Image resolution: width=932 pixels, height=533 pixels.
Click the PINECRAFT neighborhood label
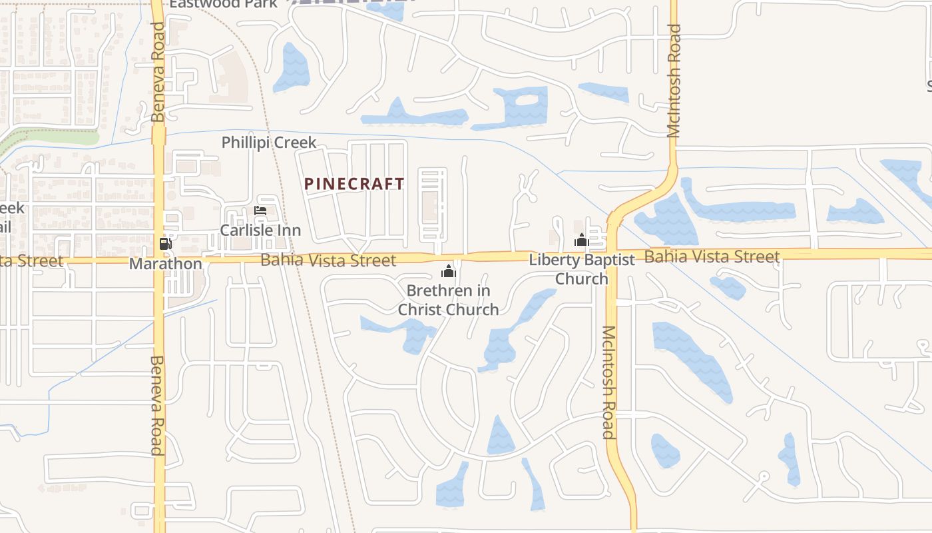pos(354,184)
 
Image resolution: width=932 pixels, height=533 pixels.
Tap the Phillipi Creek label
pos(269,143)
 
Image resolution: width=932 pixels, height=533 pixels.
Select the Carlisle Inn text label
pos(260,231)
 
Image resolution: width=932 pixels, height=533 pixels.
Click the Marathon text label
pos(166,264)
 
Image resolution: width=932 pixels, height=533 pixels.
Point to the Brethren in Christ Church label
pos(449,300)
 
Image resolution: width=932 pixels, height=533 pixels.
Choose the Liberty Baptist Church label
pos(582,269)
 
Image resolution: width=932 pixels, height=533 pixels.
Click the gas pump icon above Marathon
pos(165,244)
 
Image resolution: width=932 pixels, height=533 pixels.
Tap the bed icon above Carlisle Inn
pos(260,211)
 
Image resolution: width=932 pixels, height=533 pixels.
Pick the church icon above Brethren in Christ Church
pos(449,271)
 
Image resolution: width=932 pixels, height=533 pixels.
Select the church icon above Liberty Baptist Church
pos(581,241)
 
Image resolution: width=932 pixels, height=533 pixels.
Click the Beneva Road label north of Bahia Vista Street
pos(158,72)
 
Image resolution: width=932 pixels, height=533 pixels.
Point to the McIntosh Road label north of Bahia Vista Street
pos(674,81)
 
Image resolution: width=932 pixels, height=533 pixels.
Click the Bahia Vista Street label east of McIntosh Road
pos(712,257)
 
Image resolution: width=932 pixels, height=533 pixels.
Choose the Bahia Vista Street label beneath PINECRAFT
pos(328,260)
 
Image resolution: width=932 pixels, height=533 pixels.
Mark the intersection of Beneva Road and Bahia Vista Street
pos(159,260)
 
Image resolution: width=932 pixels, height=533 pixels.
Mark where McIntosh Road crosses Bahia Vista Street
pos(611,255)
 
